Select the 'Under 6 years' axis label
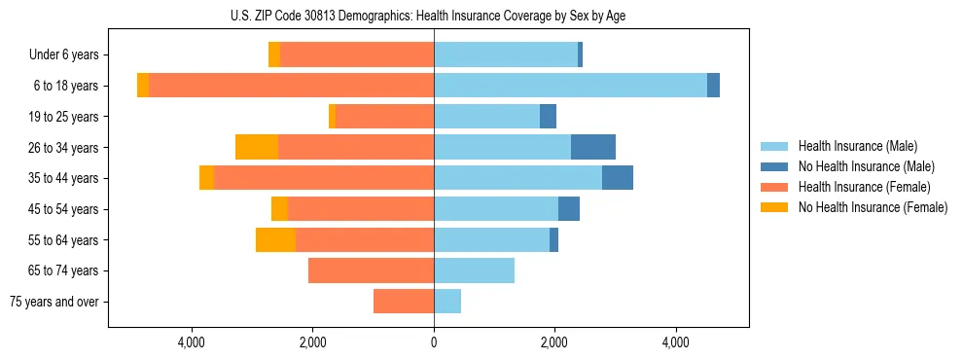point(63,54)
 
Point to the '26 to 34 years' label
point(63,147)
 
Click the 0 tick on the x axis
point(434,342)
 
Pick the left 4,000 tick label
point(192,342)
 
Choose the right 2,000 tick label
point(554,342)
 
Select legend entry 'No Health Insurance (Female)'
point(873,207)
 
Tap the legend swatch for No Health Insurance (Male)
point(775,166)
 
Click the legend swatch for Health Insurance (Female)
point(775,187)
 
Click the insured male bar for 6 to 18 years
point(570,86)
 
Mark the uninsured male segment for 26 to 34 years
point(593,147)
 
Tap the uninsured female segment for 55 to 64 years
point(275,239)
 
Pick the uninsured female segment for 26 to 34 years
point(257,147)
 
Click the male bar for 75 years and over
point(447,302)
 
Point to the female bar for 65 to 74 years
point(371,270)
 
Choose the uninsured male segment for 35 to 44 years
point(618,178)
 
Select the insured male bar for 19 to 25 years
point(486,116)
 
